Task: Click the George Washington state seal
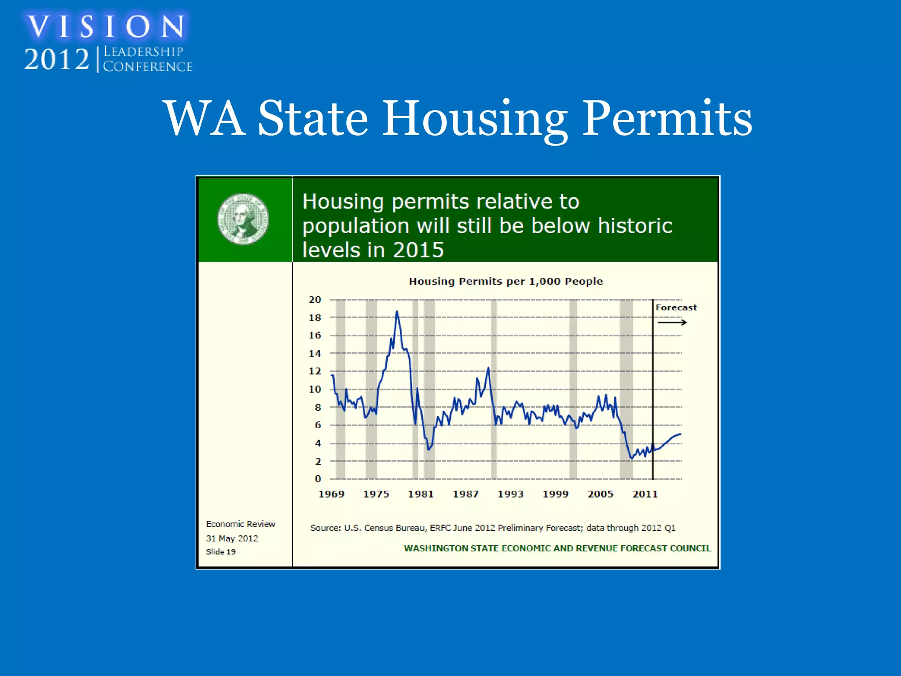pyautogui.click(x=243, y=219)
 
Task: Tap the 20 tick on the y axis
pyautogui.click(x=315, y=300)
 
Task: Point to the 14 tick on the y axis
pyautogui.click(x=315, y=353)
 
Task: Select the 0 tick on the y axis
pyautogui.click(x=318, y=479)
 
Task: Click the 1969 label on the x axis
pyautogui.click(x=331, y=494)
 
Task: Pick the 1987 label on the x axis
pyautogui.click(x=465, y=494)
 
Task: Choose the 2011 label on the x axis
pyautogui.click(x=645, y=494)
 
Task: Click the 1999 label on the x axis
pyautogui.click(x=555, y=494)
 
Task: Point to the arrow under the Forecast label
pyautogui.click(x=672, y=323)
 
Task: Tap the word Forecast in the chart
pyautogui.click(x=676, y=308)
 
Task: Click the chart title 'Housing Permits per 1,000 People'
pyautogui.click(x=505, y=281)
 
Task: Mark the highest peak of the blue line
pyautogui.click(x=397, y=312)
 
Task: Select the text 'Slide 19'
pyautogui.click(x=220, y=552)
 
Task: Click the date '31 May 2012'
pyautogui.click(x=232, y=538)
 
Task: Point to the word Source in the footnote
pyautogui.click(x=325, y=528)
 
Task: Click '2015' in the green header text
pyautogui.click(x=418, y=250)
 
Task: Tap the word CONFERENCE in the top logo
pyautogui.click(x=147, y=66)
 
